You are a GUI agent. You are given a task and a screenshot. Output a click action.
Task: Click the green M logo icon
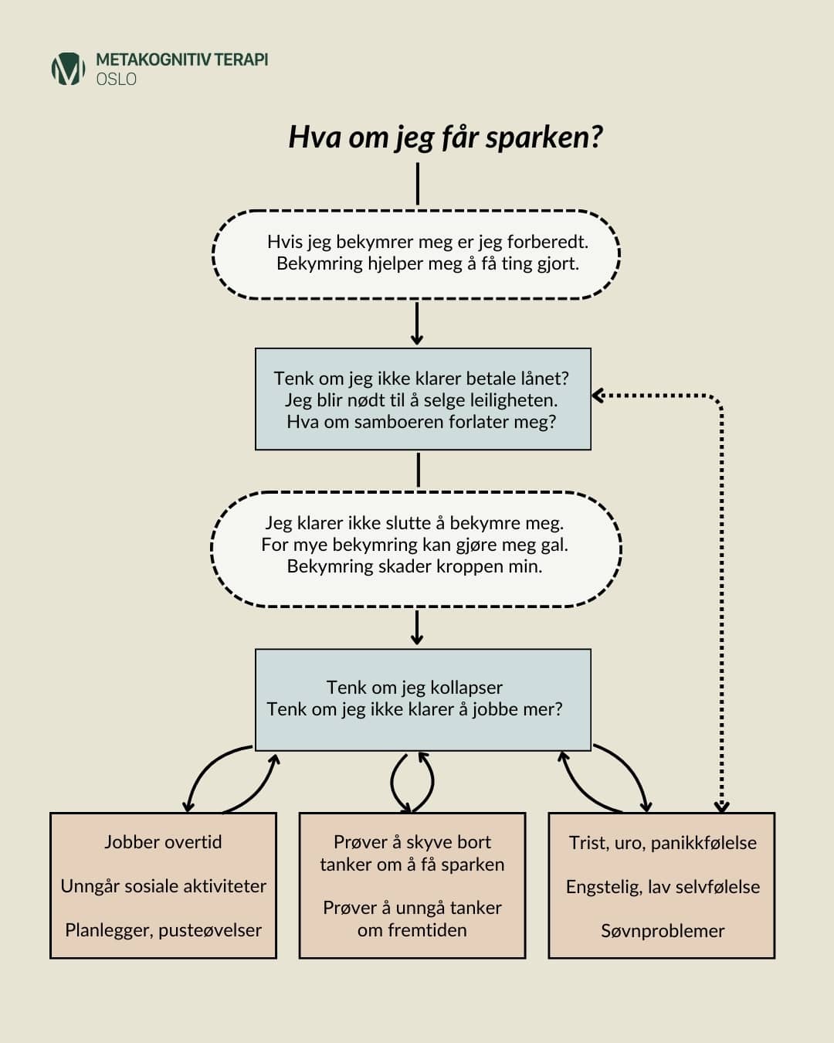coord(68,69)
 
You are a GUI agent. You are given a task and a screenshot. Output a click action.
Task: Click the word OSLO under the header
coord(117,79)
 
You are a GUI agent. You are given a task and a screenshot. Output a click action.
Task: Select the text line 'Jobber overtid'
coord(163,841)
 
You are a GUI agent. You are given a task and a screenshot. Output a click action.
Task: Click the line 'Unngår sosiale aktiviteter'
coord(163,885)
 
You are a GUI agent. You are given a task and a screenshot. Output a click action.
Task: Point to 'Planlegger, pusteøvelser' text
coord(163,929)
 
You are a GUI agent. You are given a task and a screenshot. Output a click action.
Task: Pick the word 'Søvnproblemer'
coord(663,930)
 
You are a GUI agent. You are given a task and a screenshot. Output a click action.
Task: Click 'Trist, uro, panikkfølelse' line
coord(663,842)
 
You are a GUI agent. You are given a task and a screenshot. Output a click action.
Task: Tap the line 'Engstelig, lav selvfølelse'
coord(663,886)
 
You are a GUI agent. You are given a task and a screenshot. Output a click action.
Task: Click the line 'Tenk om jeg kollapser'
coord(415,687)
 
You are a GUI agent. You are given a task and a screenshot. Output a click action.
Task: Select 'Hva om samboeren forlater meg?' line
coord(422,421)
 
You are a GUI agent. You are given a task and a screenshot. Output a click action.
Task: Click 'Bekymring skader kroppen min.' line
coord(415,566)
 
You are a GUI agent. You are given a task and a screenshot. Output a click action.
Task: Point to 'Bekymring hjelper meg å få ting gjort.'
coord(428,263)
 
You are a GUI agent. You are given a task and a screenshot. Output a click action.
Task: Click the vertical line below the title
coord(418,183)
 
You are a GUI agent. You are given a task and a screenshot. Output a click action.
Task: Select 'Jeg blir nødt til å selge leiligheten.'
coord(422,399)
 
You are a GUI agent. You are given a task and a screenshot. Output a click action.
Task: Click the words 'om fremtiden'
coord(412,929)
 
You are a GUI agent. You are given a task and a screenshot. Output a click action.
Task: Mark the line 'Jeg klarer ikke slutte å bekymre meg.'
coord(415,522)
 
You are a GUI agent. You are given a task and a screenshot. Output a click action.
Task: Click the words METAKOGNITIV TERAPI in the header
coord(182,59)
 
